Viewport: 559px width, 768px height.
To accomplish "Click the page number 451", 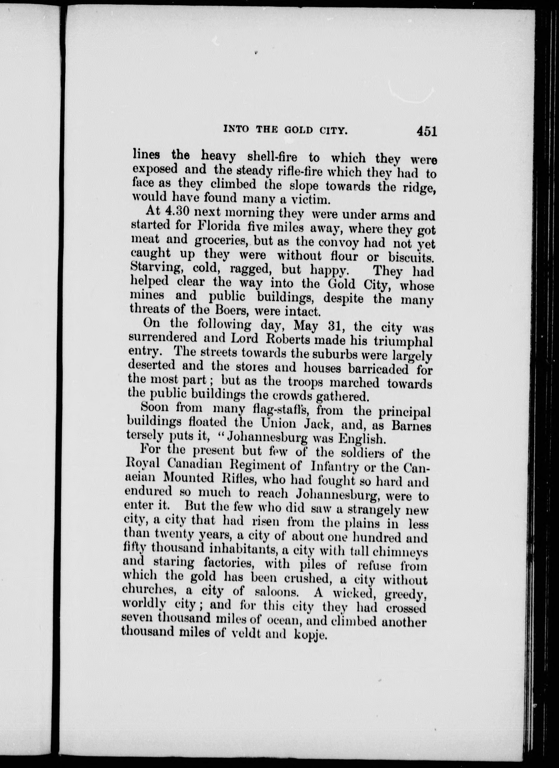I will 426,131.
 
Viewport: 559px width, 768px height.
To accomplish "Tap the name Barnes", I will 410,426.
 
